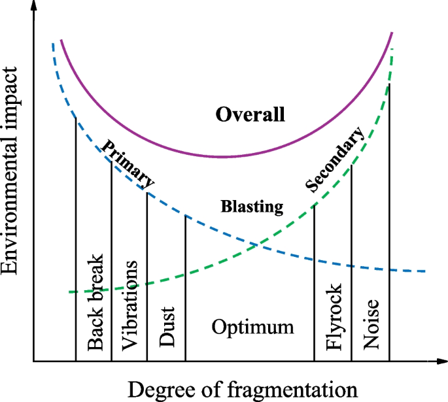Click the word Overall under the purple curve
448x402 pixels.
(250, 116)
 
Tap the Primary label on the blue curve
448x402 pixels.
(129, 163)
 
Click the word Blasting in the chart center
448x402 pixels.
(252, 207)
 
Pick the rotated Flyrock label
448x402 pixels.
(333, 318)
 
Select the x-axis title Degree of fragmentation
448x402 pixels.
(243, 390)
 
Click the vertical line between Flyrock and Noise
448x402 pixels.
(352, 261)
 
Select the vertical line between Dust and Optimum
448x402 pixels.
(186, 288)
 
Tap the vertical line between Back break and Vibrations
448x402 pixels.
(111, 261)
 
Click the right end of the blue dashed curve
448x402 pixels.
(426, 271)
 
